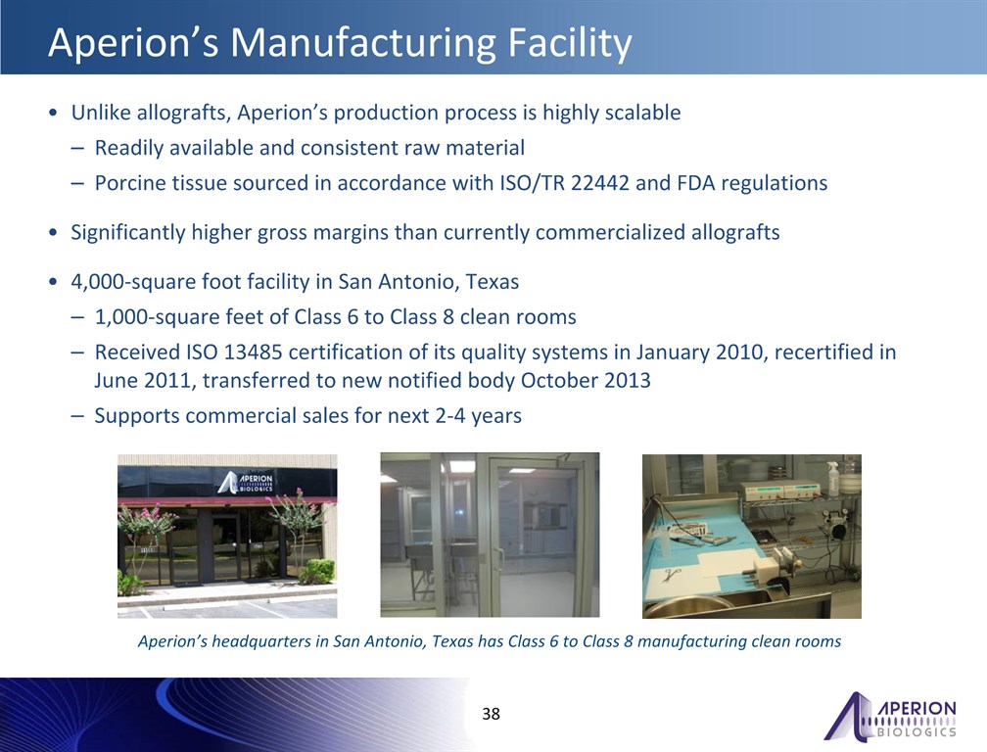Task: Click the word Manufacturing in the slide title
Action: (x=363, y=42)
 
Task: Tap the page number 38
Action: (x=491, y=714)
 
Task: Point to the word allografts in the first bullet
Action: (x=181, y=113)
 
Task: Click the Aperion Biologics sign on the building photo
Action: (x=246, y=482)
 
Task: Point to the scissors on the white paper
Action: (x=673, y=575)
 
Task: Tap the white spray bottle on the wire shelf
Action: (x=833, y=479)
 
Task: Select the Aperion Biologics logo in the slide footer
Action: (x=890, y=716)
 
